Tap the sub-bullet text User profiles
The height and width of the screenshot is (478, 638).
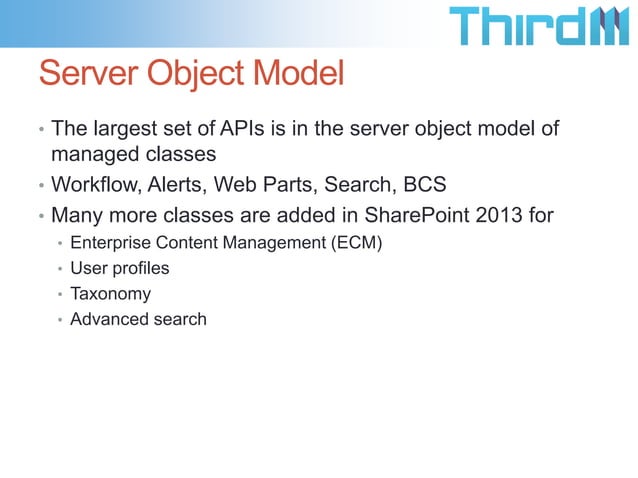point(119,269)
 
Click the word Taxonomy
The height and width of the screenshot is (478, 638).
point(110,294)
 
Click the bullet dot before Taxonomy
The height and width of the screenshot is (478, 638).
point(60,295)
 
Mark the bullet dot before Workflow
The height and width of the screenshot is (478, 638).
point(41,187)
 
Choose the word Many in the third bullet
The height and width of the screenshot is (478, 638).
point(74,214)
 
